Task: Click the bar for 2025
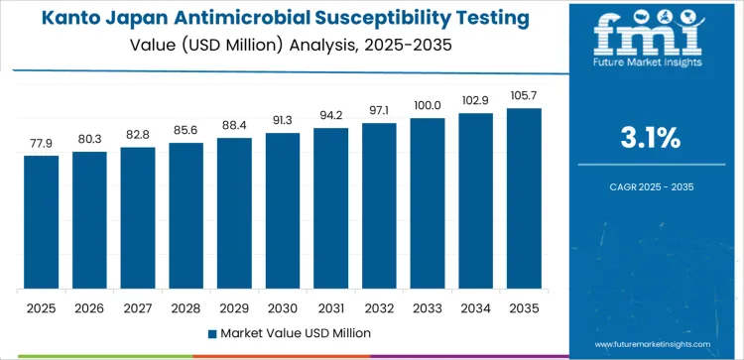(x=42, y=222)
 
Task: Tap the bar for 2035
(x=524, y=198)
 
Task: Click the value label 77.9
(x=42, y=143)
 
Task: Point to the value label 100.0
(x=428, y=105)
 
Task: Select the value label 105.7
(x=524, y=95)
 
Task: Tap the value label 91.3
(x=283, y=120)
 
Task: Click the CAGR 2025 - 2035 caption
(x=655, y=185)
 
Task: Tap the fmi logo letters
(x=655, y=37)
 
